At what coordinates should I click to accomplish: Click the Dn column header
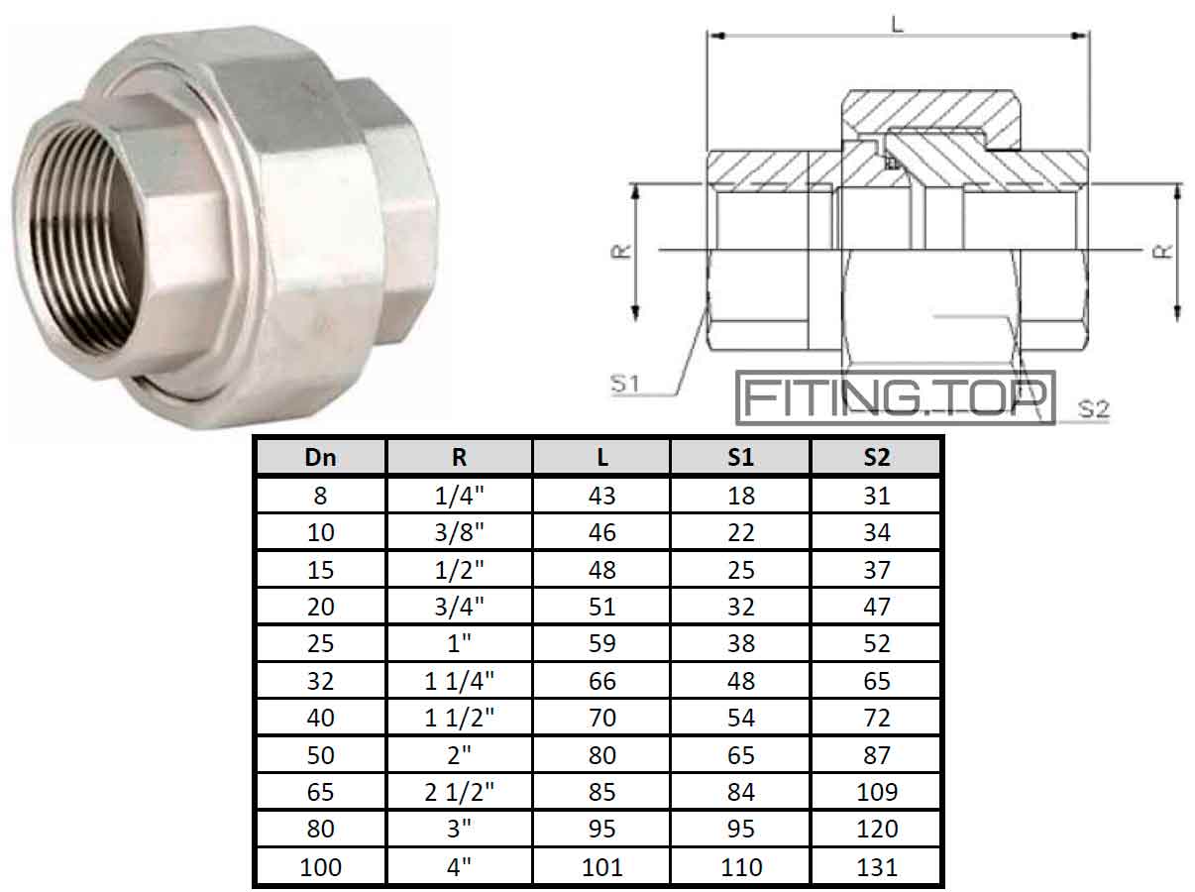[x=320, y=457]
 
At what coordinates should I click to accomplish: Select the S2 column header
[x=876, y=457]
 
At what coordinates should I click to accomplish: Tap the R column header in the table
[x=459, y=457]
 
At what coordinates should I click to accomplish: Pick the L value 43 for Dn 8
[x=601, y=495]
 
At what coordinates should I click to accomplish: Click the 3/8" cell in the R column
[x=459, y=532]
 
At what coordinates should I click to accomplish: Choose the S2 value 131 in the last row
[x=876, y=867]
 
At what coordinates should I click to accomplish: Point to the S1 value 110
[x=741, y=867]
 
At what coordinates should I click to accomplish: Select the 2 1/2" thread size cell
[x=459, y=792]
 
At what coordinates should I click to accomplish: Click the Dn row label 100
[x=320, y=867]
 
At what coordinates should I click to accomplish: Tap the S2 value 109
[x=876, y=792]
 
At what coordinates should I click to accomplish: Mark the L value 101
[x=601, y=867]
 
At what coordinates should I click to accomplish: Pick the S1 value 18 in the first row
[x=741, y=495]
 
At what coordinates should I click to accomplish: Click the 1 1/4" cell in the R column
[x=459, y=681]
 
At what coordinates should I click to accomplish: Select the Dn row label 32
[x=320, y=681]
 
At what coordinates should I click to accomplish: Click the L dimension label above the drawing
[x=898, y=22]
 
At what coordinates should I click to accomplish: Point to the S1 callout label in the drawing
[x=624, y=383]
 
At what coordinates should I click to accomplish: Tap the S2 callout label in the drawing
[x=1093, y=408]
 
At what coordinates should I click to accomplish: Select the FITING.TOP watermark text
[x=895, y=397]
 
